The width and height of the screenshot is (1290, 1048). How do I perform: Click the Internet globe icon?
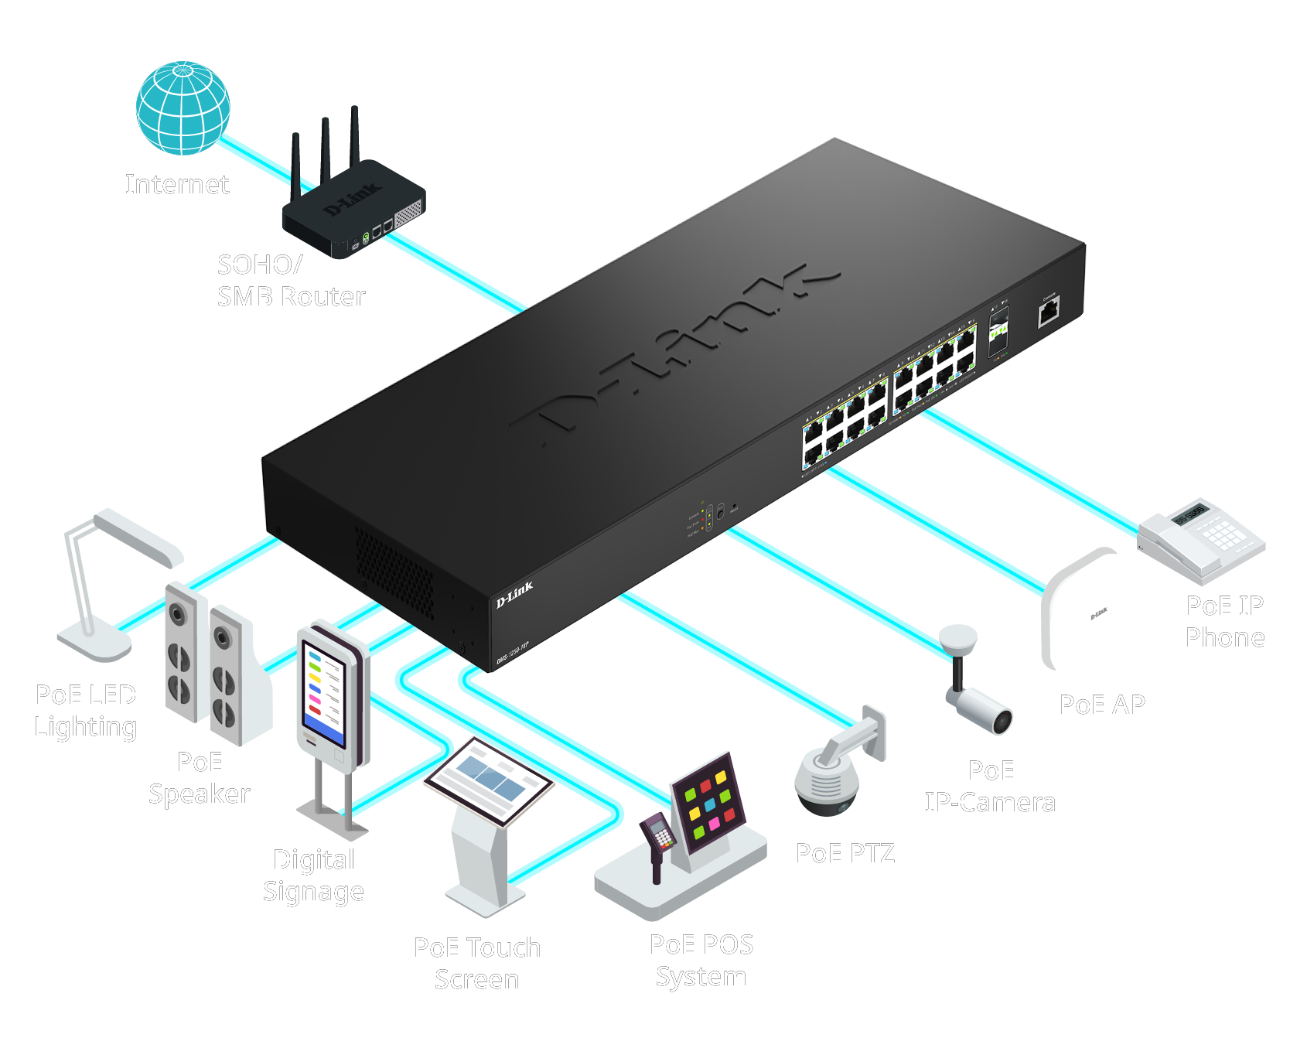point(183,108)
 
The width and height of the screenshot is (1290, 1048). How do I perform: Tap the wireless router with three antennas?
point(353,209)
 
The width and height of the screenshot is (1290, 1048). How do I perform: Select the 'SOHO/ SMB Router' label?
point(291,281)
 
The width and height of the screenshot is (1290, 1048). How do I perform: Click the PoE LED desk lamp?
point(116,580)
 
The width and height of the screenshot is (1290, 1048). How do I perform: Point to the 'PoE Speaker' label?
point(200,778)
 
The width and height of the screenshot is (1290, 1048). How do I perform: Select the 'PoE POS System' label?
point(701,960)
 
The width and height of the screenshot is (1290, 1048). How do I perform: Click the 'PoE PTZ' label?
point(845,853)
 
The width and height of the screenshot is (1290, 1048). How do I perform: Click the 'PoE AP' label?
point(1102,705)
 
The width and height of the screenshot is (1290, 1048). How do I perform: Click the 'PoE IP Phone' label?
point(1225,621)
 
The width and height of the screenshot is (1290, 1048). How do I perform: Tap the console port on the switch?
point(1049,312)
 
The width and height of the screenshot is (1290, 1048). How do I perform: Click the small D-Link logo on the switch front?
point(514,595)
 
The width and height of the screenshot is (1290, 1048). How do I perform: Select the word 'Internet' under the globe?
point(177,184)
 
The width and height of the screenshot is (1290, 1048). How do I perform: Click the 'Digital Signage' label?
point(313,875)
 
